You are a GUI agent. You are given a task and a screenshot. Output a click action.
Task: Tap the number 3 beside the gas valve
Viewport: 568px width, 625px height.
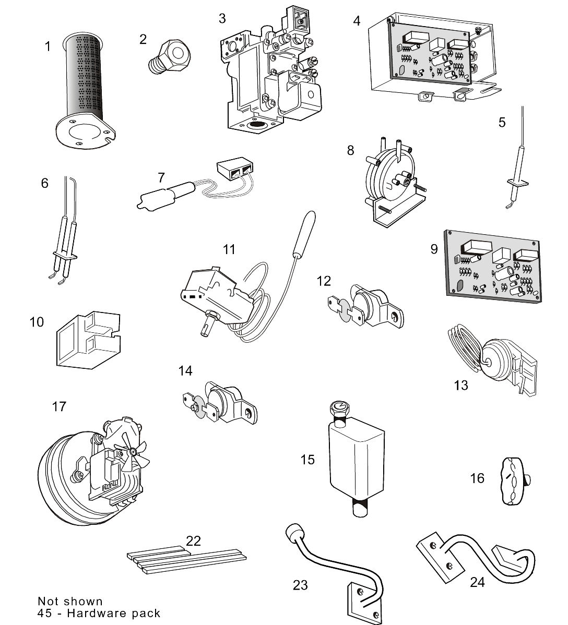[x=222, y=19]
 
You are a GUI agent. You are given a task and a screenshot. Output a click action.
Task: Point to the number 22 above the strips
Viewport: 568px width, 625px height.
[x=193, y=540]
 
